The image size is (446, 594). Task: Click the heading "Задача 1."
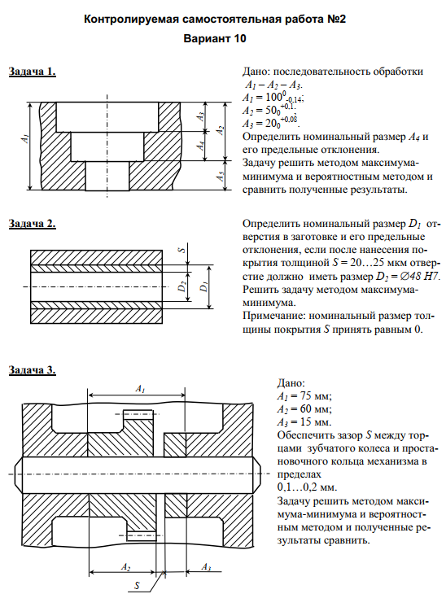tap(33, 72)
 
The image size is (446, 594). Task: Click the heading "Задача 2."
tap(33, 224)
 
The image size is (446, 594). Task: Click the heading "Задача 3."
tap(33, 370)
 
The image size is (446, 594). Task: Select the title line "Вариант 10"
tap(215, 38)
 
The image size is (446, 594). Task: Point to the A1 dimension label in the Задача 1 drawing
tap(25, 138)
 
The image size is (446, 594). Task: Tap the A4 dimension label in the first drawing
tap(201, 145)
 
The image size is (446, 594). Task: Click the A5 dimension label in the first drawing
tap(221, 176)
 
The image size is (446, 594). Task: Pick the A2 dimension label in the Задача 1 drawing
tap(221, 131)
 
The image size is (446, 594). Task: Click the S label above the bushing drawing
tap(181, 250)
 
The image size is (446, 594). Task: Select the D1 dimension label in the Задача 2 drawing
tap(203, 286)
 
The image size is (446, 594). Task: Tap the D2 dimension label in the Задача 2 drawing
tap(182, 286)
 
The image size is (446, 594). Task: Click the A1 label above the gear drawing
tap(140, 389)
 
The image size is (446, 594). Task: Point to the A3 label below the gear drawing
tap(206, 567)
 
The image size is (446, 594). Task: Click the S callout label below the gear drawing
tap(137, 585)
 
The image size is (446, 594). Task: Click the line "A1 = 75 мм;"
tap(304, 396)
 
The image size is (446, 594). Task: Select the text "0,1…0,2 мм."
tap(308, 487)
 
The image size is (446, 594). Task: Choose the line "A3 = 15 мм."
tap(304, 422)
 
